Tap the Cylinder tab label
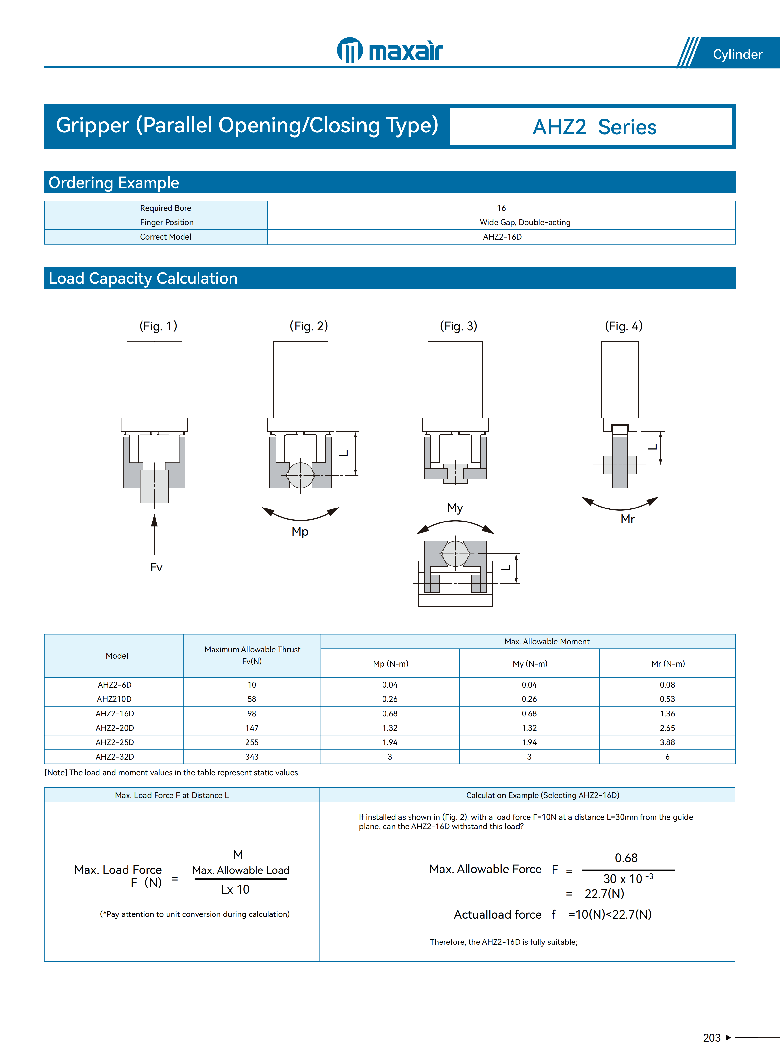coord(737,54)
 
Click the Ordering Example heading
coord(114,183)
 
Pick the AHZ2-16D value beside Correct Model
coord(502,237)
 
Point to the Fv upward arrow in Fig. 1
coord(154,534)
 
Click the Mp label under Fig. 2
coord(300,531)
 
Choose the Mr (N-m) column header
coord(668,664)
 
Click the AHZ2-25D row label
coord(115,742)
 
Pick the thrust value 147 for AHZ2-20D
coord(252,728)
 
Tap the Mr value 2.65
coord(667,728)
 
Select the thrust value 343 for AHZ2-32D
coord(252,757)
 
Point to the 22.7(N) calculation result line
coord(604,894)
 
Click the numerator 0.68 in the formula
coord(626,858)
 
